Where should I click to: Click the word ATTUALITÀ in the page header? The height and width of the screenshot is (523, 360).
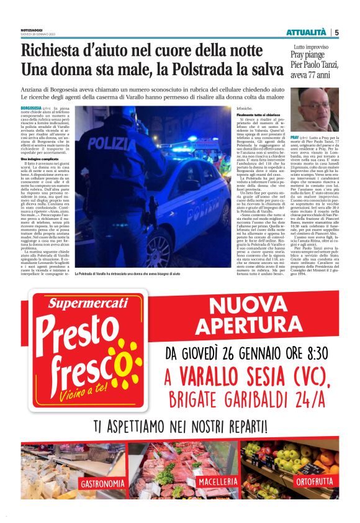[305, 32]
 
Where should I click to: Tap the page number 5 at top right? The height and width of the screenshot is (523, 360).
[336, 32]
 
